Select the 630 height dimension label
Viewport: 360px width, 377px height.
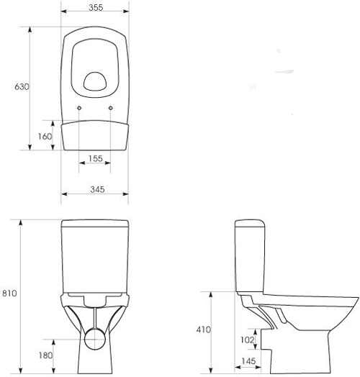22,87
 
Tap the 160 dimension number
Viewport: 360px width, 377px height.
44,135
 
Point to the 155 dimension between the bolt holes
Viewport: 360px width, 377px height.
94,158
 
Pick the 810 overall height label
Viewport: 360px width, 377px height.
9,294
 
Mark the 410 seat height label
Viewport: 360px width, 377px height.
203,329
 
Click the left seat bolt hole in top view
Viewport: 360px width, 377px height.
78,109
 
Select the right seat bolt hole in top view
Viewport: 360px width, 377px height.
111,109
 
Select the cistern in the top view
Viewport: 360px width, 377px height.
94,135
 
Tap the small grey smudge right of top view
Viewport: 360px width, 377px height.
286,71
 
